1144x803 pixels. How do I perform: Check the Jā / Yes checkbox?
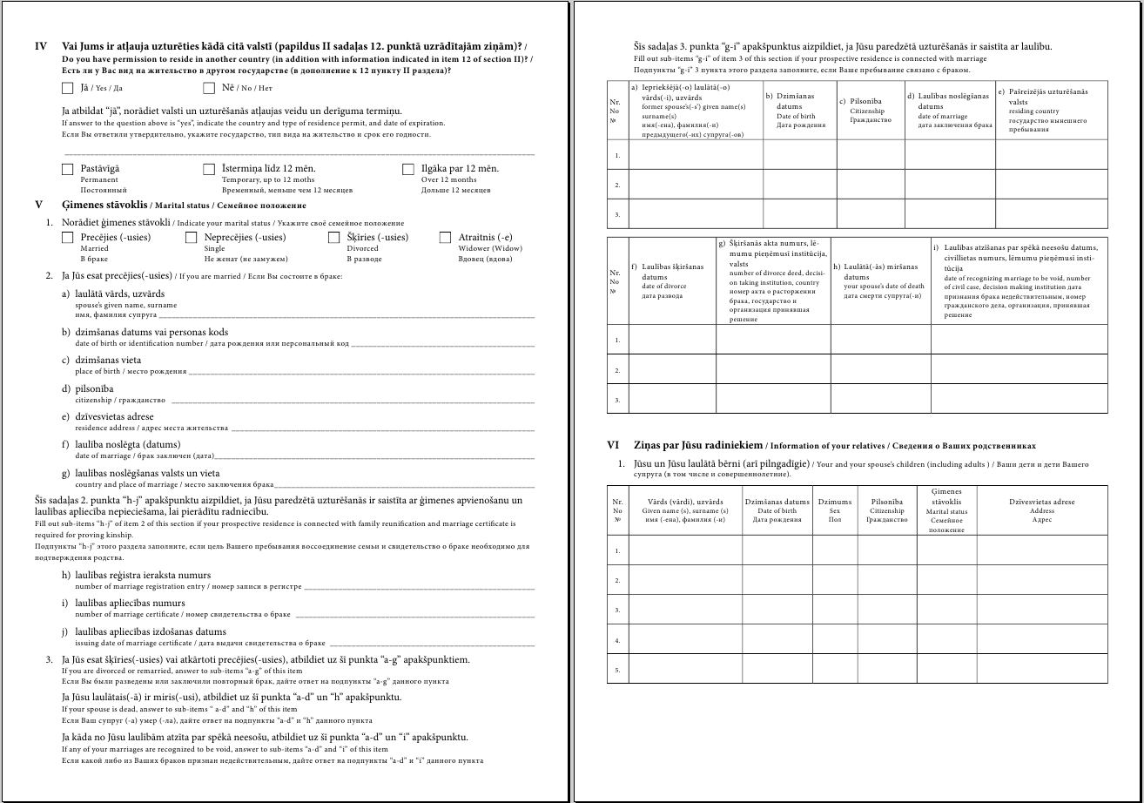[68, 88]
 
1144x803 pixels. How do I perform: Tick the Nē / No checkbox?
[209, 88]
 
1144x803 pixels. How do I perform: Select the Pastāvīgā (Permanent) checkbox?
[68, 169]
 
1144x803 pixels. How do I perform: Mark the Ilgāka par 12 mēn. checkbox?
[408, 169]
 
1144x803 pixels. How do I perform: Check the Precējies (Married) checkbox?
[68, 238]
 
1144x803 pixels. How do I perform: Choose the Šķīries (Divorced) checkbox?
[334, 238]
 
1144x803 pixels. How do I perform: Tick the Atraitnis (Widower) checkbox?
[446, 238]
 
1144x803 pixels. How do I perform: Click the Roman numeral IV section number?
[40, 45]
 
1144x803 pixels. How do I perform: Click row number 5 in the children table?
[617, 671]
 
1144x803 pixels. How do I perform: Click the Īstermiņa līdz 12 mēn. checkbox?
[209, 169]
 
